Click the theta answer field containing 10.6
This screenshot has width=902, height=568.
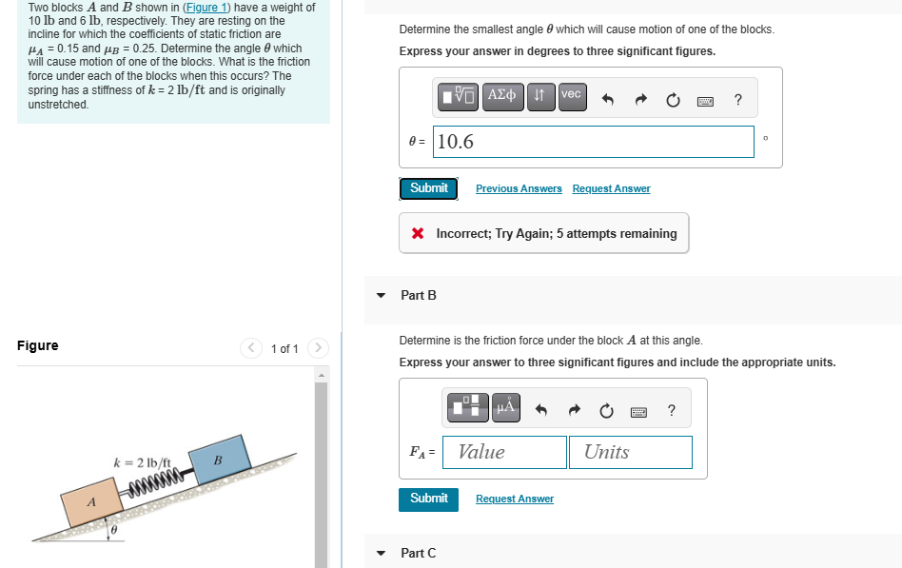[x=593, y=142]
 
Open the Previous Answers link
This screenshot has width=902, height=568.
[x=519, y=188]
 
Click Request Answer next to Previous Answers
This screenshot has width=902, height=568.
[x=612, y=188]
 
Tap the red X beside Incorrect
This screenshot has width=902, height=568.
[x=418, y=233]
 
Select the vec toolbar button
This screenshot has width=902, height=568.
[x=573, y=97]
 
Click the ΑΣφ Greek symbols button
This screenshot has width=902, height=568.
[x=501, y=97]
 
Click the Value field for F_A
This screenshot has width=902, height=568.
[x=504, y=452]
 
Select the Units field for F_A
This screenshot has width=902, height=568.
[x=631, y=452]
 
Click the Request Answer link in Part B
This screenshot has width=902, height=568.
[x=515, y=499]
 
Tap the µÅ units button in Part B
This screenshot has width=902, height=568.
[x=506, y=407]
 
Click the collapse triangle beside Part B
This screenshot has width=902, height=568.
[x=381, y=295]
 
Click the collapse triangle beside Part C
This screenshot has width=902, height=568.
[x=381, y=553]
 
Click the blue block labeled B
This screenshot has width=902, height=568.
[x=220, y=460]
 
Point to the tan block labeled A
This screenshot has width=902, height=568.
[x=92, y=501]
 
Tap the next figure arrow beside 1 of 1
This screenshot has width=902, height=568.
[x=318, y=348]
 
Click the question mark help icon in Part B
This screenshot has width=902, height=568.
[x=672, y=410]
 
